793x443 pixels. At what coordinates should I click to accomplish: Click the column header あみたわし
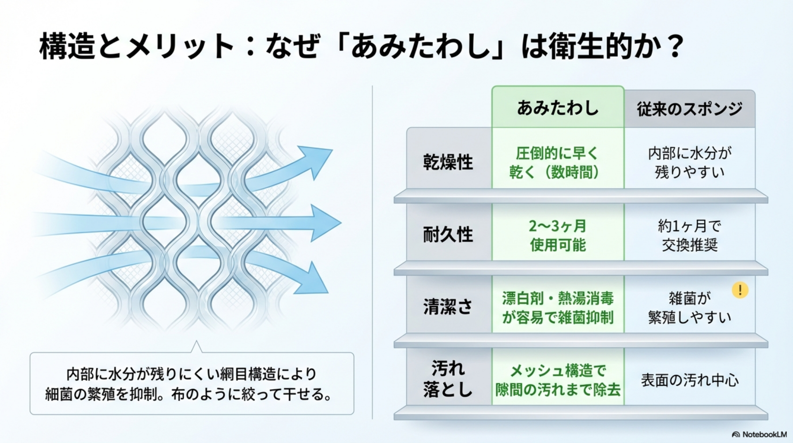tap(558, 108)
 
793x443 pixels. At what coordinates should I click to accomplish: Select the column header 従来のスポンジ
tap(689, 109)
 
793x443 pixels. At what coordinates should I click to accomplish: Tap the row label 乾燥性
tap(448, 162)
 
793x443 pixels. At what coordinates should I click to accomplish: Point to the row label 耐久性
tap(448, 235)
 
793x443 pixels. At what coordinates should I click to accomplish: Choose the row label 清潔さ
tap(448, 307)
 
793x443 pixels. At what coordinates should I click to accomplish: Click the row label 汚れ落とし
tap(448, 378)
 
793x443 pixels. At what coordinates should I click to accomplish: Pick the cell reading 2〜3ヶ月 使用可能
tap(558, 235)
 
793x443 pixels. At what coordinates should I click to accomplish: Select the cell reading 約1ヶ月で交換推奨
tap(689, 235)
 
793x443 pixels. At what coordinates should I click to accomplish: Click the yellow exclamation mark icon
tap(740, 290)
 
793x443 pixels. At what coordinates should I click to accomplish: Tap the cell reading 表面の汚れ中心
tap(689, 380)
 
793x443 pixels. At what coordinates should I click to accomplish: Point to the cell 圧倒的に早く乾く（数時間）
tap(557, 162)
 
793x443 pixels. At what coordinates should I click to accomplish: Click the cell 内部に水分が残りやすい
tap(689, 162)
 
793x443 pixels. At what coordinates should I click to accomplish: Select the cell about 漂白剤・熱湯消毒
tap(558, 307)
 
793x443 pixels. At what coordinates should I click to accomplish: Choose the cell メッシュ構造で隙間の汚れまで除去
tap(558, 380)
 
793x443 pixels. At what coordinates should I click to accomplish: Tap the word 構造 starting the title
tap(67, 46)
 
